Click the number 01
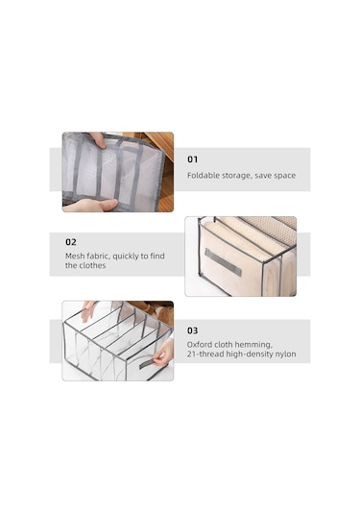[x=192, y=159]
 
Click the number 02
[x=71, y=242]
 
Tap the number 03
[x=192, y=330]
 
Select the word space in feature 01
[x=285, y=176]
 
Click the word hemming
[x=254, y=345]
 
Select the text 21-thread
[x=203, y=354]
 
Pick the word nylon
[x=286, y=355]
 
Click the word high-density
[x=247, y=355]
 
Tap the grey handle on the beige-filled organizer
[x=223, y=262]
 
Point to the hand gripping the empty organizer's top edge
[x=87, y=310]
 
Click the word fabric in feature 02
[x=98, y=256]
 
